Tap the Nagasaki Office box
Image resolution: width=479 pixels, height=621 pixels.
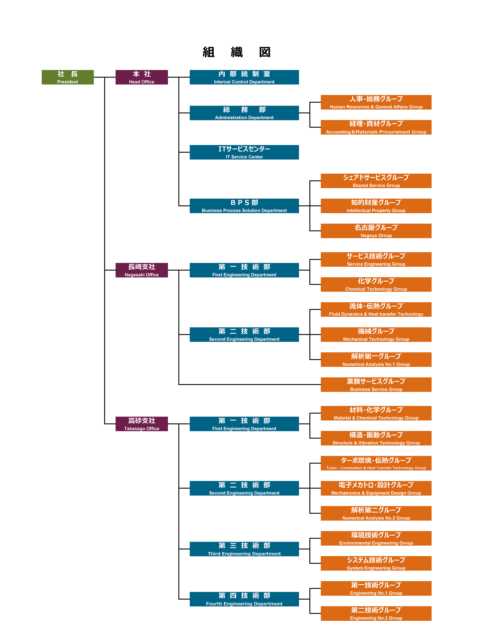pos(142,270)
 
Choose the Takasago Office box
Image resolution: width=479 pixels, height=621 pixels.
pos(142,424)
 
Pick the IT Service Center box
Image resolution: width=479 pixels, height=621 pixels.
pos(244,152)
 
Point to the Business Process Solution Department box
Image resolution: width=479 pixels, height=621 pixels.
pos(244,206)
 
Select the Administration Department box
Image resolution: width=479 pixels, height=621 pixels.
pos(244,113)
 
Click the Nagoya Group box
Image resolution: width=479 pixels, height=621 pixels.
pos(376,231)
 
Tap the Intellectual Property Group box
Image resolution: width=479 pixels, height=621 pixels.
pos(376,206)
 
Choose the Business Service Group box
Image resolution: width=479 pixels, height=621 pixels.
pos(376,385)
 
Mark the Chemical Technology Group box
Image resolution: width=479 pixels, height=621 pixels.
pos(376,284)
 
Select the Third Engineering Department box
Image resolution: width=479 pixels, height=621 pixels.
pos(244,549)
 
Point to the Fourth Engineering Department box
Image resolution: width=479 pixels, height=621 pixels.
pos(244,599)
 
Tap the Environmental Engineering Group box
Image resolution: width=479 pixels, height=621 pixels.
pos(376,538)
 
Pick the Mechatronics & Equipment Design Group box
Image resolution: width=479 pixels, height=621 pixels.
pos(376,488)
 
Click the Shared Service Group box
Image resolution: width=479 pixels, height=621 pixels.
pos(376,181)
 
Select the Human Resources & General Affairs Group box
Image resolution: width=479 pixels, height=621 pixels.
pos(376,102)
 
